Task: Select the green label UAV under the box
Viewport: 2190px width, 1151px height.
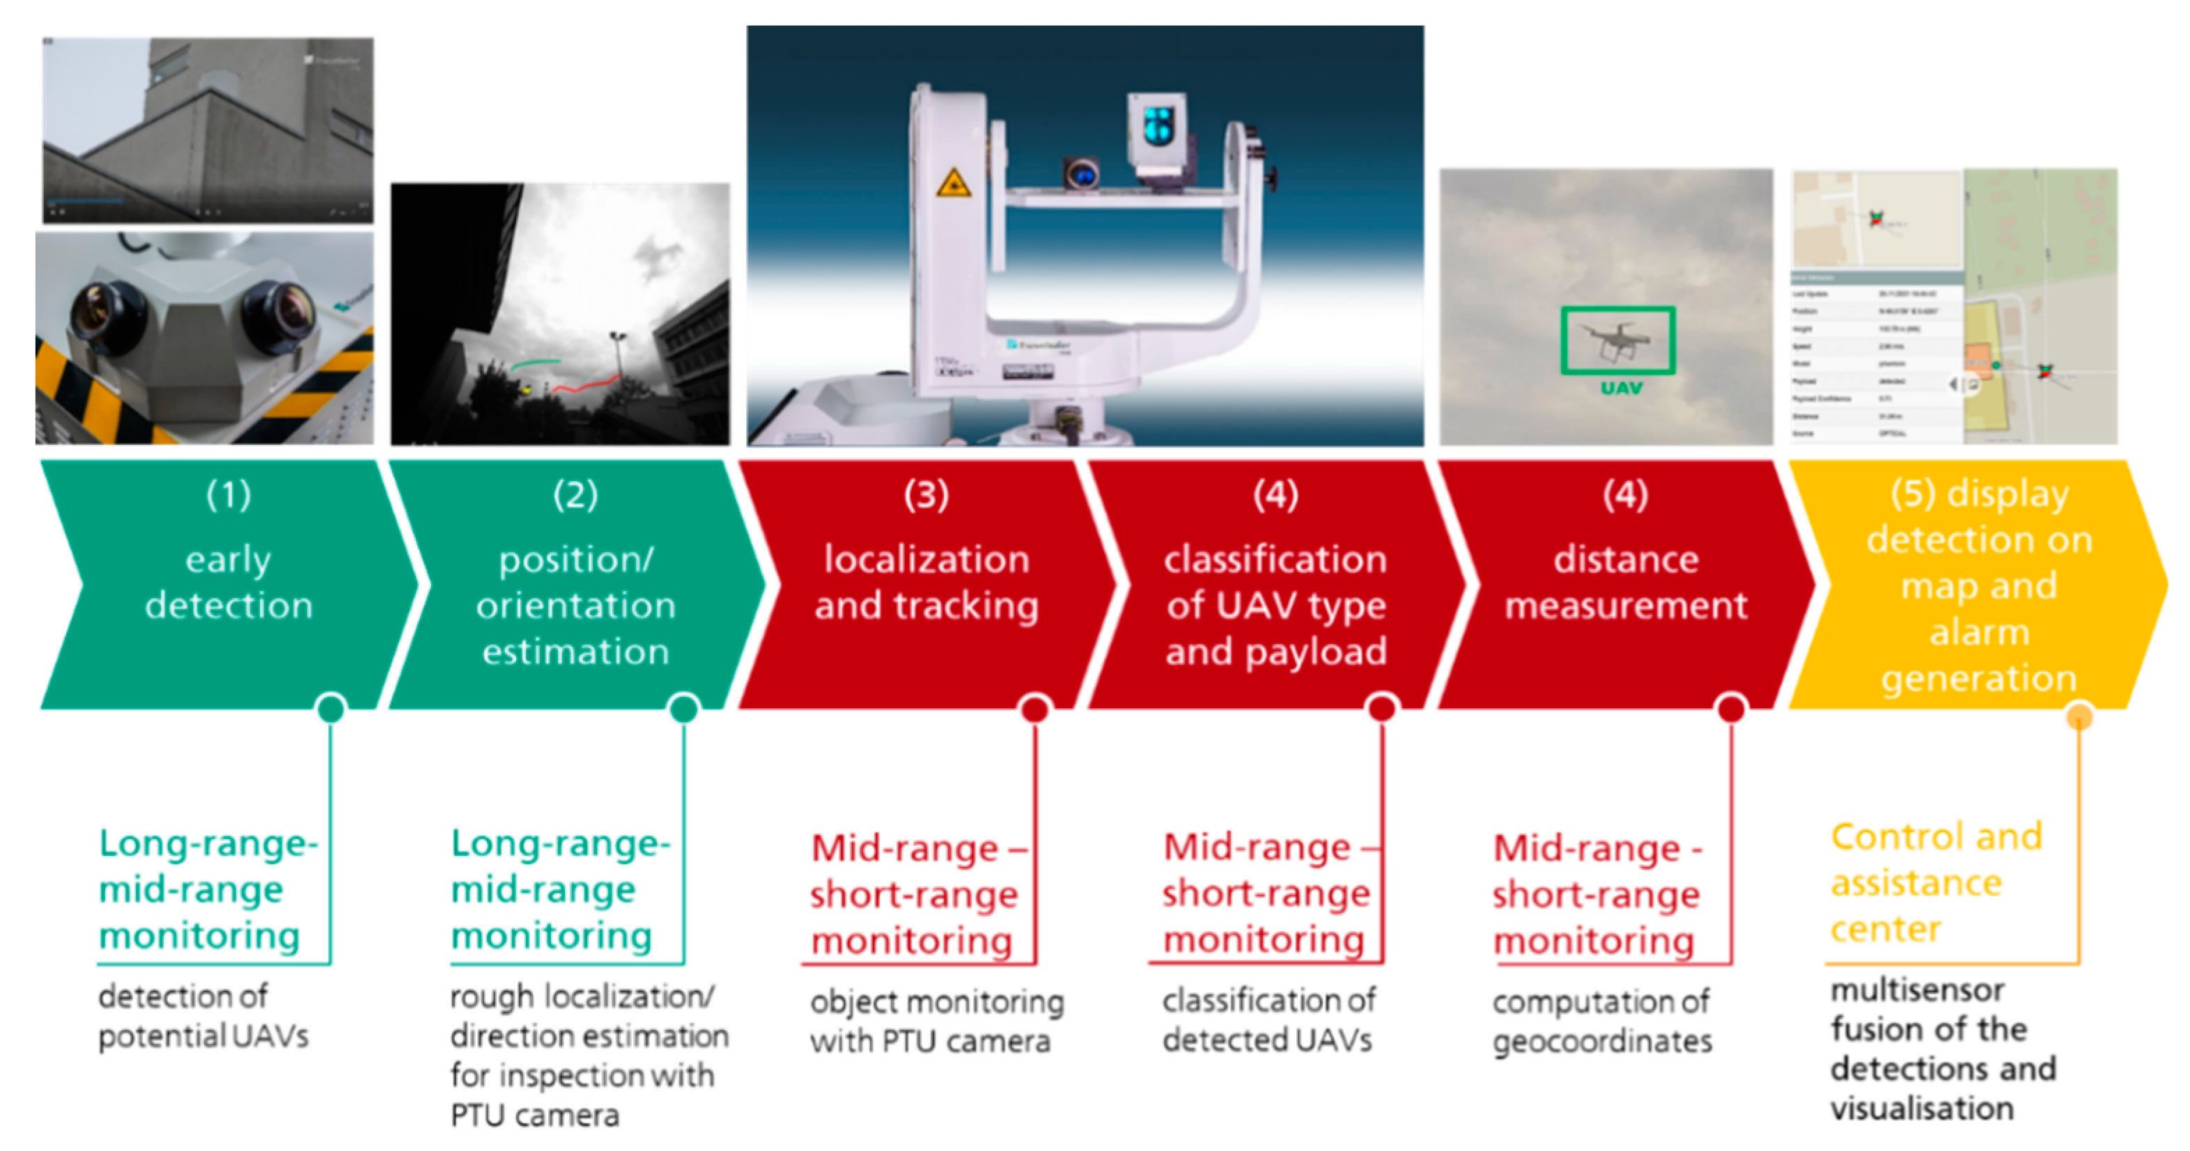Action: click(x=1621, y=389)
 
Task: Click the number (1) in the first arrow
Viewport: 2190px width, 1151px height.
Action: click(x=228, y=495)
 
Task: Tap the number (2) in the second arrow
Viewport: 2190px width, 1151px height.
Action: click(x=575, y=495)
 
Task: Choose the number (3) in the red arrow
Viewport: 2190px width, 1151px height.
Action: click(x=926, y=495)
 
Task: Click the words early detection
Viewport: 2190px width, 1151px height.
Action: click(x=228, y=582)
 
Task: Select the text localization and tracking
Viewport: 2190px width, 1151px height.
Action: click(x=926, y=582)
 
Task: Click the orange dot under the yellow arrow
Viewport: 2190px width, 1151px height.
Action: click(x=2079, y=716)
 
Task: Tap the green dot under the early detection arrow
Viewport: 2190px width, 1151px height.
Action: click(x=331, y=708)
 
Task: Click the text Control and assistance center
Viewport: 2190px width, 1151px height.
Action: click(x=1935, y=882)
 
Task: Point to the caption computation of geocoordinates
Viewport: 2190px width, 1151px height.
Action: click(x=1601, y=1021)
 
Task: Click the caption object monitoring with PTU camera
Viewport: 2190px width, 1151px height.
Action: click(x=936, y=1021)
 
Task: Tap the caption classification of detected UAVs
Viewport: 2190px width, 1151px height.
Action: click(x=1268, y=1020)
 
